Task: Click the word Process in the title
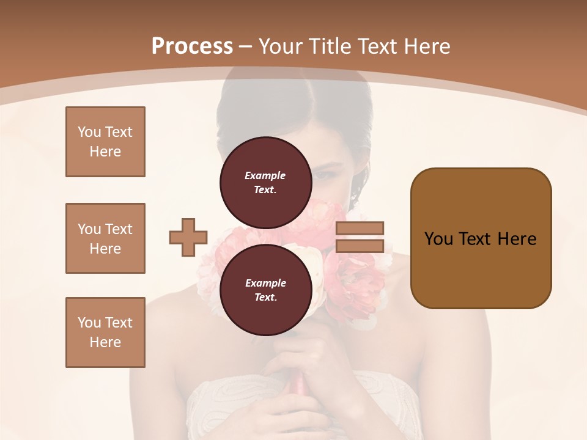click(x=192, y=46)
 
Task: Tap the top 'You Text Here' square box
click(x=105, y=142)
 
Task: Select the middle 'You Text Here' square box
click(x=105, y=238)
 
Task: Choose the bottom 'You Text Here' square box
click(x=105, y=332)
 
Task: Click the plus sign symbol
click(x=188, y=237)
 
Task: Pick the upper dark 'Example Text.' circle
click(x=265, y=183)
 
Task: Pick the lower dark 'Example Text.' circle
click(x=265, y=290)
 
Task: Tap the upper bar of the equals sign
click(x=360, y=228)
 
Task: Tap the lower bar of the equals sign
click(x=360, y=246)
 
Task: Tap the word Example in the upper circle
click(x=265, y=176)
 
